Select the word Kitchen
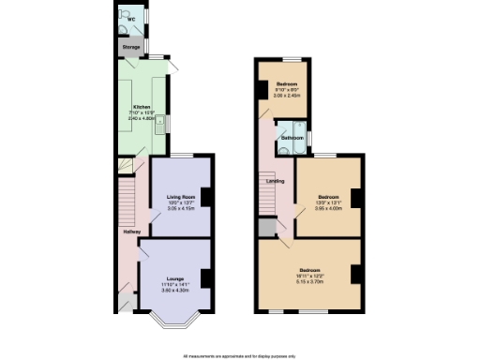[141, 106]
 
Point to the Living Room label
[180, 196]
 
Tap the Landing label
[276, 181]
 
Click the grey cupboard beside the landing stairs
[267, 227]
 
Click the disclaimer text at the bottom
[239, 354]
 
